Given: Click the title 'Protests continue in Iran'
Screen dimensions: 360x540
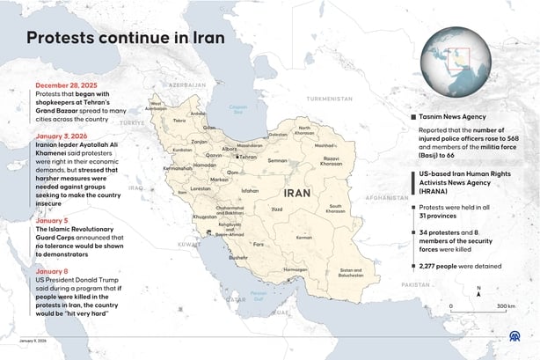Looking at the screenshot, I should (x=125, y=39).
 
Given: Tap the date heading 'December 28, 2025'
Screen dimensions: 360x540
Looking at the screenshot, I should (x=65, y=85).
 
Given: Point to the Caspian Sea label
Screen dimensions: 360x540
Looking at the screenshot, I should (x=240, y=110).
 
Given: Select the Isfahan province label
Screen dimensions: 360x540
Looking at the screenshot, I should (x=251, y=190).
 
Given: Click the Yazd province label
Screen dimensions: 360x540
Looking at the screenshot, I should (x=277, y=209).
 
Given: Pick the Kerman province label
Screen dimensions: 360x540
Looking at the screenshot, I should (x=303, y=237).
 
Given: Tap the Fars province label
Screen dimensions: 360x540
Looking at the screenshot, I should (x=258, y=242).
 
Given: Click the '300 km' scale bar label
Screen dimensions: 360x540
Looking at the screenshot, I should (x=505, y=306).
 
